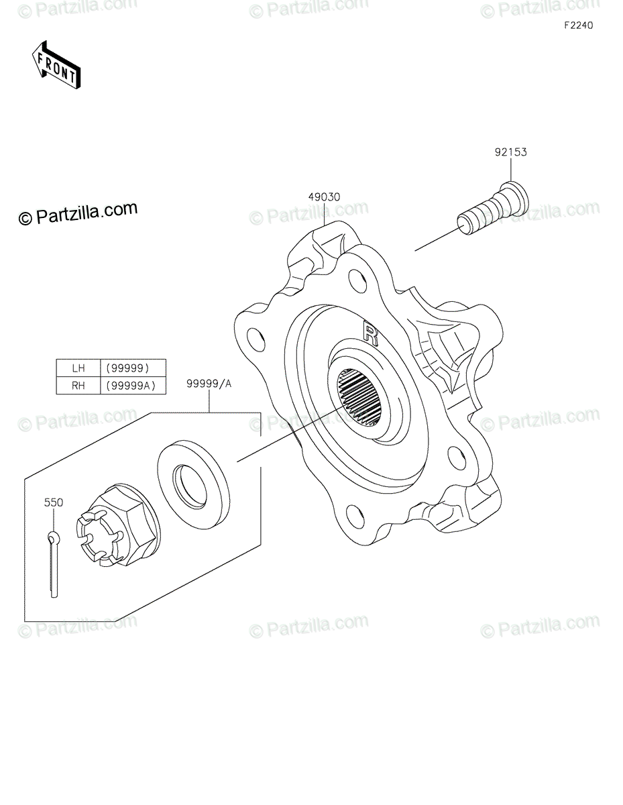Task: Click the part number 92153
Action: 512,152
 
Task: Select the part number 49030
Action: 325,197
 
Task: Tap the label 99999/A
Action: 209,384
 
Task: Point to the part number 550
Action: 54,502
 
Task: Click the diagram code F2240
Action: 577,26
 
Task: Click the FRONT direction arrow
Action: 56,64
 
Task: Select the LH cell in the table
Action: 78,368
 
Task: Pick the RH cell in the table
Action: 78,385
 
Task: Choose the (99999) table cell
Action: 132,368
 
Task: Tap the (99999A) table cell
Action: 132,385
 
